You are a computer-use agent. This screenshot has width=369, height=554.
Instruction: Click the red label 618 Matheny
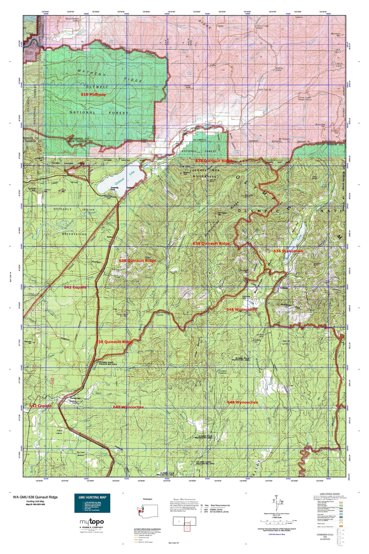pyautogui.click(x=92, y=95)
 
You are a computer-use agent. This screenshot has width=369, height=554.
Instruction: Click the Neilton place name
pyautogui.click(x=111, y=237)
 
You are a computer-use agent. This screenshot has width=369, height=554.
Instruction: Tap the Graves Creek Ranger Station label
pyautogui.click(x=305, y=98)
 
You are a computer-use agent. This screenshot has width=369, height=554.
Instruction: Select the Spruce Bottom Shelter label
pyautogui.click(x=72, y=20)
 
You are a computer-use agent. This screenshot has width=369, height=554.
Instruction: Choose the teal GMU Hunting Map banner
pyautogui.click(x=92, y=503)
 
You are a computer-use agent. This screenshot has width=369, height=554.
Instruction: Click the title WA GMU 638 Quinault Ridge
pyautogui.click(x=35, y=497)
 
